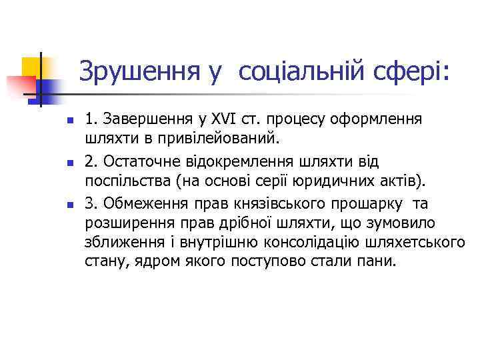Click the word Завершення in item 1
pos(154,120)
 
